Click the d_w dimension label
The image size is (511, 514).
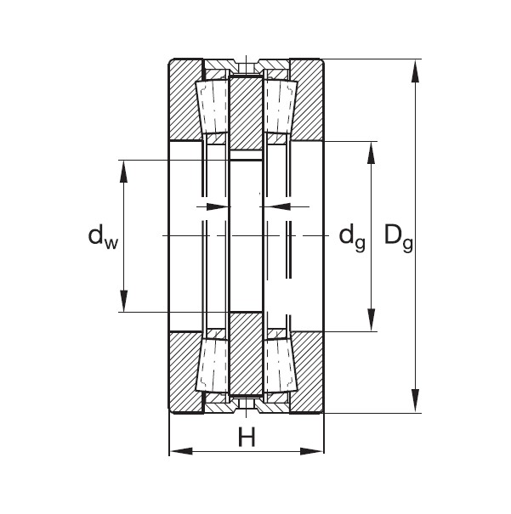[102, 236]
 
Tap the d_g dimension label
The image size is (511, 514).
[352, 236]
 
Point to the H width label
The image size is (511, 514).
[247, 438]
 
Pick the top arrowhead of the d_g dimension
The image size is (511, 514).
[371, 151]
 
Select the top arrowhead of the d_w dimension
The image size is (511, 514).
[124, 170]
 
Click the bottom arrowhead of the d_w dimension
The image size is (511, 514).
[124, 302]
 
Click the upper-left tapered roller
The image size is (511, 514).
[212, 107]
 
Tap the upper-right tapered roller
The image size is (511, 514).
[280, 107]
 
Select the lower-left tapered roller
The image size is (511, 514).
[212, 365]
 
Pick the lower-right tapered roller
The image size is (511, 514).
[280, 365]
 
